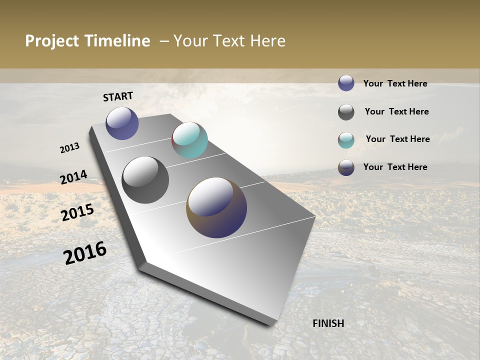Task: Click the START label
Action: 118,96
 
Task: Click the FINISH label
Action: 328,323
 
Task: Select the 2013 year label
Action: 69,148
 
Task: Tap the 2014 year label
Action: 73,177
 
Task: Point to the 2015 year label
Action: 77,212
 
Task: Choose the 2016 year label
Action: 85,253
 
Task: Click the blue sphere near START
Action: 122,123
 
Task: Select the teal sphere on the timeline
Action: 189,140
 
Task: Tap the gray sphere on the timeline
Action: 145,180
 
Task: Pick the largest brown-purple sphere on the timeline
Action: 216,207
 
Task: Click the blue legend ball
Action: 346,83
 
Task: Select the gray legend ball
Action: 346,112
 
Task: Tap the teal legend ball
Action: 346,140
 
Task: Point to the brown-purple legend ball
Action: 346,167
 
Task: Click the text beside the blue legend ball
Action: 395,84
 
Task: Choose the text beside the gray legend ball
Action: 396,111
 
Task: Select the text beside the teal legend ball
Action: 397,139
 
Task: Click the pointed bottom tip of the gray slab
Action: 270,324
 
